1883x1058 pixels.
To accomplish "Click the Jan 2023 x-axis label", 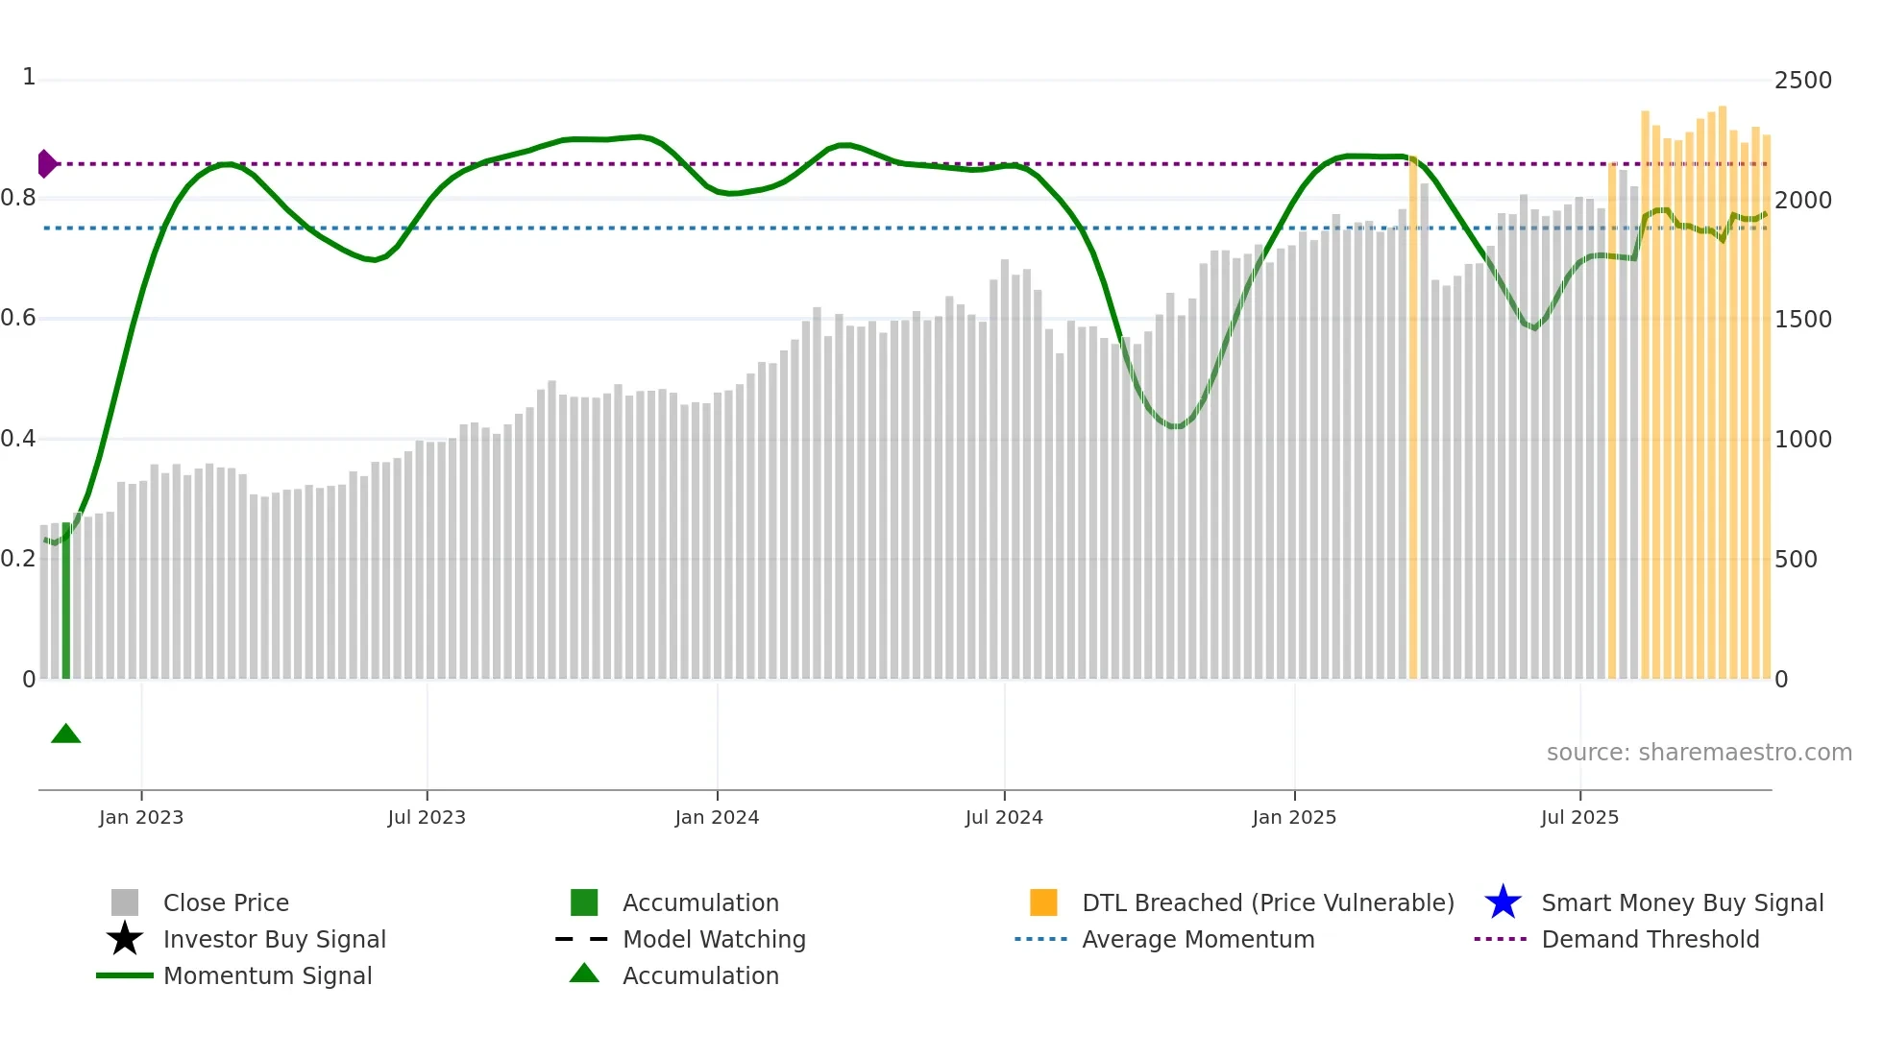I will (141, 817).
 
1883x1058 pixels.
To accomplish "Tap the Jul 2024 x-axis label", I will (1004, 817).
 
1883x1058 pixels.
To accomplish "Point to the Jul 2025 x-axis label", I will (1579, 817).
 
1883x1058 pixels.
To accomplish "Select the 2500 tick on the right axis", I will (1802, 81).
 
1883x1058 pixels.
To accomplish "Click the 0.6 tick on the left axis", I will (18, 318).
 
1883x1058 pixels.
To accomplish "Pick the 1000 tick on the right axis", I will (1802, 440).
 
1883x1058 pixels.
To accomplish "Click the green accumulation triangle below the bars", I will (65, 734).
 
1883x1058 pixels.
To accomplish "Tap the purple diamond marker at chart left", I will (46, 164).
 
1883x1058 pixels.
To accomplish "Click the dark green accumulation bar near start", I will (66, 600).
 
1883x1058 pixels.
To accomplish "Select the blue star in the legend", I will (1503, 902).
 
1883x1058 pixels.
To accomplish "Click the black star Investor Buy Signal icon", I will (125, 939).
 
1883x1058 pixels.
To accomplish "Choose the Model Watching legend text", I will (714, 939).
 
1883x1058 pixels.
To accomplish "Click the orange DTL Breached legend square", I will (1043, 902).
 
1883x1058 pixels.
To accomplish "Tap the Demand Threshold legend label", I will (1650, 939).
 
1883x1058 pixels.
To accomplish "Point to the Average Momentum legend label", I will (1198, 939).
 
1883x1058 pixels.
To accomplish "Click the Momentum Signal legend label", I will (267, 975).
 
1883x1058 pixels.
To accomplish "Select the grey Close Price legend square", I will (125, 902).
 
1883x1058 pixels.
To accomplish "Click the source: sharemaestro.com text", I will (1699, 753).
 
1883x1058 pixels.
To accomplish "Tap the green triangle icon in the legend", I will (584, 974).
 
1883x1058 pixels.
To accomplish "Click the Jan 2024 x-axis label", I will (717, 817).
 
